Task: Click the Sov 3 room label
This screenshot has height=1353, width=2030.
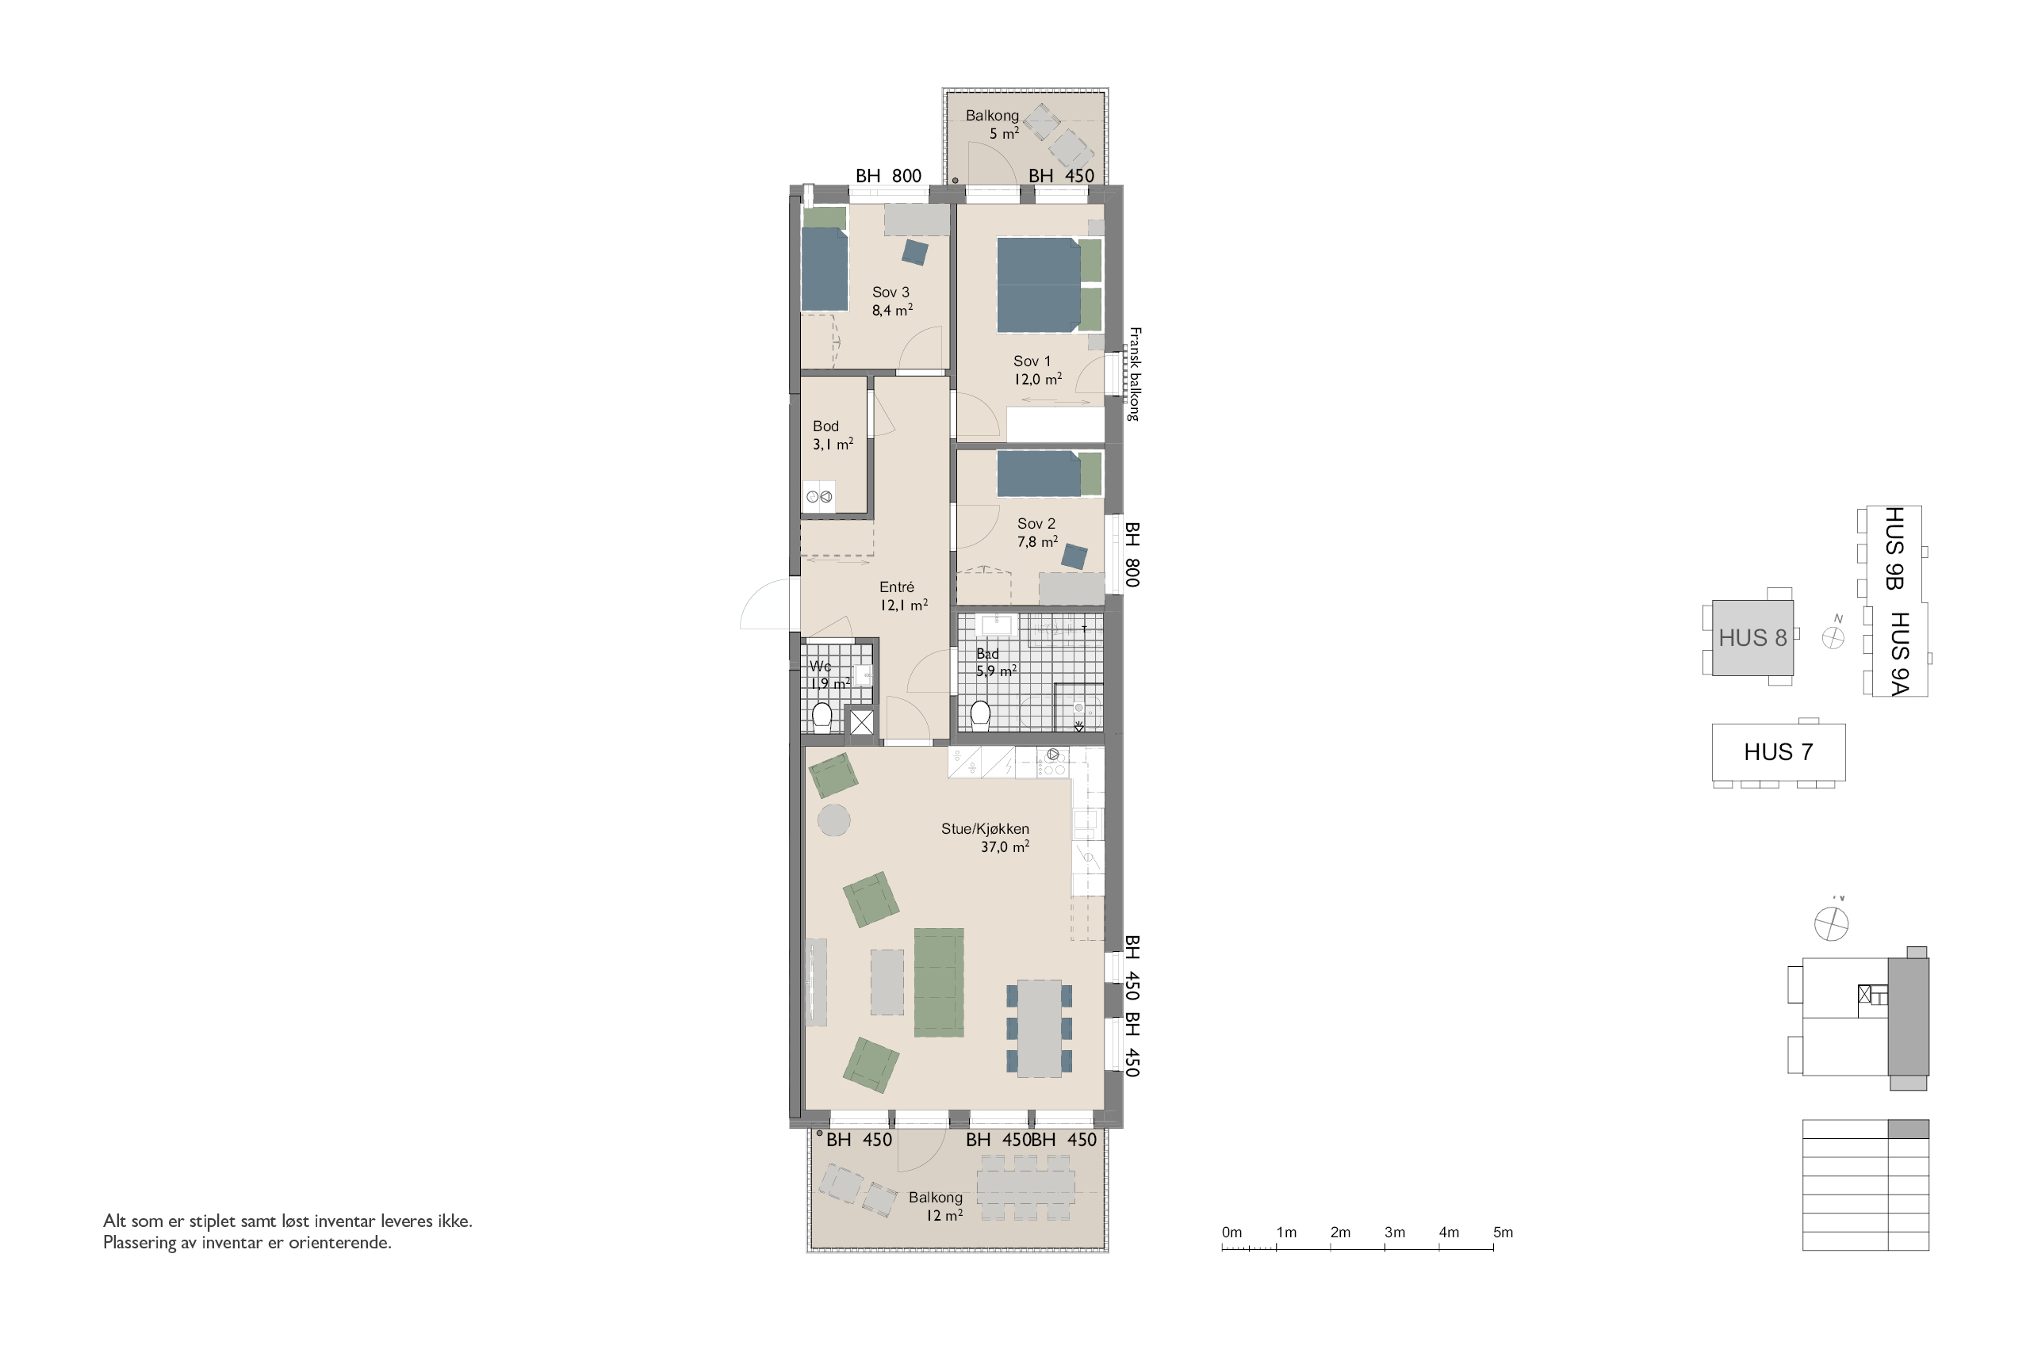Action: tap(891, 301)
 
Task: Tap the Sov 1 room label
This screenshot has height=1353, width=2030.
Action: tap(1036, 370)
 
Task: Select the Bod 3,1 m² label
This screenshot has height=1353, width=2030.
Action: tap(832, 435)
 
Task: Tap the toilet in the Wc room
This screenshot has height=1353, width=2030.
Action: tap(822, 717)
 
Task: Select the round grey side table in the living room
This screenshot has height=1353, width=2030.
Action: tap(833, 820)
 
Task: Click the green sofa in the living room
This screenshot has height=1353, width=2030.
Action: tap(939, 982)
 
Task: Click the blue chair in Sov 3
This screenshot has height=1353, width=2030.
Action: tap(915, 252)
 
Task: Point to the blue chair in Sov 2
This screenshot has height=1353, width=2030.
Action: tap(1074, 556)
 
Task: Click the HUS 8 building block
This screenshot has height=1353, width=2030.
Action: tap(1752, 638)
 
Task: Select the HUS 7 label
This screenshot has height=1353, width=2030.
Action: tap(1778, 751)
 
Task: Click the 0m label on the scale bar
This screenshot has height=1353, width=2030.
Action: tap(1231, 1233)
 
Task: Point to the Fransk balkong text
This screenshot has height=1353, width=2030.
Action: tap(1134, 373)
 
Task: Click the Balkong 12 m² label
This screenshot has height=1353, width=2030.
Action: tap(936, 1206)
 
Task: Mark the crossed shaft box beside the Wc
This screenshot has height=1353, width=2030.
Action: tap(861, 722)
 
